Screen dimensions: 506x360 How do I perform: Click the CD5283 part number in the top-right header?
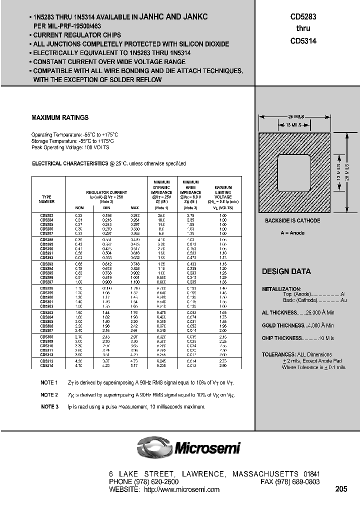point(303,16)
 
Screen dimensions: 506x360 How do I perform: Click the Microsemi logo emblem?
point(154,446)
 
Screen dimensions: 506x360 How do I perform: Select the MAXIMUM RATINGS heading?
point(60,118)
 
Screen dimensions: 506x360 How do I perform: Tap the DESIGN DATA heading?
point(286,271)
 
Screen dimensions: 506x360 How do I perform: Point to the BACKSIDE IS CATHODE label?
point(292,220)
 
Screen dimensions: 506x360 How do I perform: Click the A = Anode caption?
point(292,233)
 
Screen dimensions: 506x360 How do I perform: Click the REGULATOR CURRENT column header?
point(106,192)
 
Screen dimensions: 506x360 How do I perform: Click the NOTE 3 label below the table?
point(49,407)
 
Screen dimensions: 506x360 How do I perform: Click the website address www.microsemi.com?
point(181,489)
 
